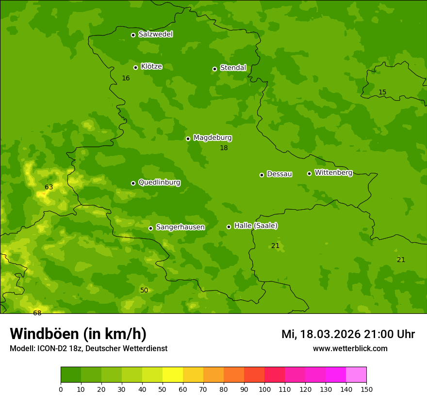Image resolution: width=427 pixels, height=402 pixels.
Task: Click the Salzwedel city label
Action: click(x=155, y=34)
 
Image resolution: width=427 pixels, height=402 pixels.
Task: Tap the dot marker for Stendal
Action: click(x=214, y=69)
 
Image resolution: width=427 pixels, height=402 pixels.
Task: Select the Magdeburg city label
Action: click(x=213, y=138)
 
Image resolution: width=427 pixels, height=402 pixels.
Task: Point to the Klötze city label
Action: click(x=151, y=67)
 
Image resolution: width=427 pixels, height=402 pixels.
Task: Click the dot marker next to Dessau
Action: click(x=262, y=175)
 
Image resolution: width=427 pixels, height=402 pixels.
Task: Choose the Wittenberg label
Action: click(x=333, y=173)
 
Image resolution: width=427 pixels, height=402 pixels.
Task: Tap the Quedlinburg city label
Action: click(x=159, y=183)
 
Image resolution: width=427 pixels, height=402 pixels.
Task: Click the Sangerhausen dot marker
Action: click(x=150, y=228)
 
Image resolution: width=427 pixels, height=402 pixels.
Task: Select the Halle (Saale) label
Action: click(x=256, y=226)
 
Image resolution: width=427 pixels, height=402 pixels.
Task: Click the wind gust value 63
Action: click(x=49, y=187)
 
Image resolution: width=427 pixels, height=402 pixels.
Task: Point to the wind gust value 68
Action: click(x=37, y=313)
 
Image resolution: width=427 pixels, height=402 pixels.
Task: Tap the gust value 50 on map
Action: click(x=144, y=290)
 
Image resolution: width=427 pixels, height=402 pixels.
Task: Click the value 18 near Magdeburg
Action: click(x=224, y=148)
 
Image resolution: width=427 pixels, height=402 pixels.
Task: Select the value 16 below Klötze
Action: click(x=126, y=78)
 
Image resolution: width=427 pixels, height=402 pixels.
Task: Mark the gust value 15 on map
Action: click(x=382, y=93)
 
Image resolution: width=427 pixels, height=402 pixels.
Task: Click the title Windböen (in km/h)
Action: click(x=78, y=334)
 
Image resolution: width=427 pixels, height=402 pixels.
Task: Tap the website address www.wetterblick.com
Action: click(x=350, y=348)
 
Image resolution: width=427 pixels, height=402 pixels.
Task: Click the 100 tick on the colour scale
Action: click(x=264, y=389)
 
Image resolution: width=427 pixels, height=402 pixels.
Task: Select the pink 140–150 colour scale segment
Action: click(x=356, y=374)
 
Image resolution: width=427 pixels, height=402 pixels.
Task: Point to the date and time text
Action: click(x=348, y=334)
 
